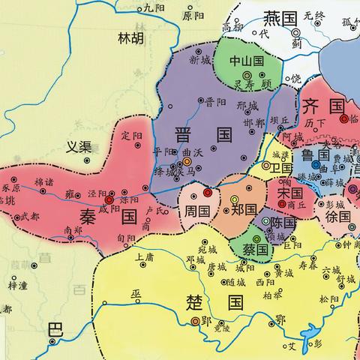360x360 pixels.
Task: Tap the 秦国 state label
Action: click(x=107, y=218)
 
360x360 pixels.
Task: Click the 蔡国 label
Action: click(x=251, y=247)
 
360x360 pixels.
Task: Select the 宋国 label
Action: click(x=286, y=193)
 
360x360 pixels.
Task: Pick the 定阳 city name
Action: click(x=131, y=136)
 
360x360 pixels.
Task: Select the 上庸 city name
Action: click(x=145, y=258)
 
